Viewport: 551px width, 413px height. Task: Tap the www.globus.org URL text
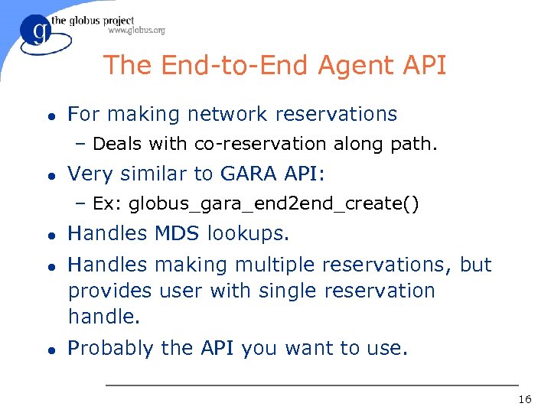(x=136, y=31)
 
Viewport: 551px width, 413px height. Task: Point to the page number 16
(x=524, y=400)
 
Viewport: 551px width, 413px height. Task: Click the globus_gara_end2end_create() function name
(x=273, y=204)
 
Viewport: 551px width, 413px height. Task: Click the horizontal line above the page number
(x=311, y=385)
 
